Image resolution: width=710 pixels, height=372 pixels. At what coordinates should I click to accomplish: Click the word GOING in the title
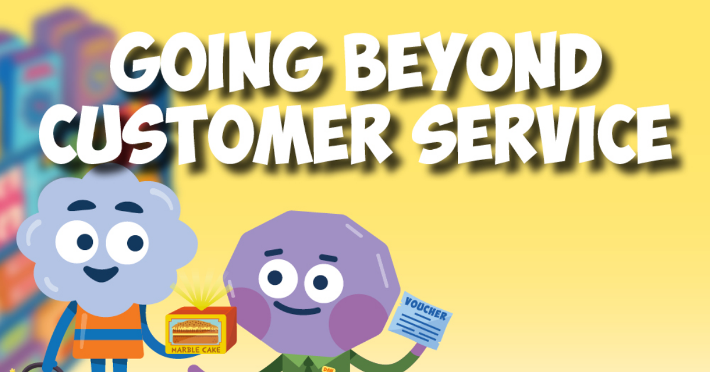(x=216, y=62)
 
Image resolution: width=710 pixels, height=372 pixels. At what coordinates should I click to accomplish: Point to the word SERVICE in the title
(x=542, y=134)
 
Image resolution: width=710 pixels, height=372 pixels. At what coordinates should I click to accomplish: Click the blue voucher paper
(x=420, y=320)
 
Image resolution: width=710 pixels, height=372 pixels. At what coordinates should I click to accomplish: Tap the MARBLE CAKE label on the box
(x=196, y=349)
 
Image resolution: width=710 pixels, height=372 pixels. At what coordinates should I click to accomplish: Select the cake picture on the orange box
(x=196, y=331)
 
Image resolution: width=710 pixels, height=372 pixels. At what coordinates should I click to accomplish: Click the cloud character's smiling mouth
(x=101, y=274)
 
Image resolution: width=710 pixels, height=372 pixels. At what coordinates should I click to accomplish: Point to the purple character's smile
(x=297, y=308)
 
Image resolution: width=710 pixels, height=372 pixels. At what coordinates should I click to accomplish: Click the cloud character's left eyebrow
(x=82, y=206)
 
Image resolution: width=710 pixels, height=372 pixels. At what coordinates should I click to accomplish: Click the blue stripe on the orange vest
(x=108, y=335)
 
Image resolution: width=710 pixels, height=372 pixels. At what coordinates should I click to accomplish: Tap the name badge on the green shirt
(x=328, y=369)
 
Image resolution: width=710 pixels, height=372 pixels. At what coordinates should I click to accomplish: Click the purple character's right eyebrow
(x=328, y=258)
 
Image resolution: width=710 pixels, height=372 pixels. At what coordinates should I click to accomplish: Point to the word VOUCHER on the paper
(x=425, y=308)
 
